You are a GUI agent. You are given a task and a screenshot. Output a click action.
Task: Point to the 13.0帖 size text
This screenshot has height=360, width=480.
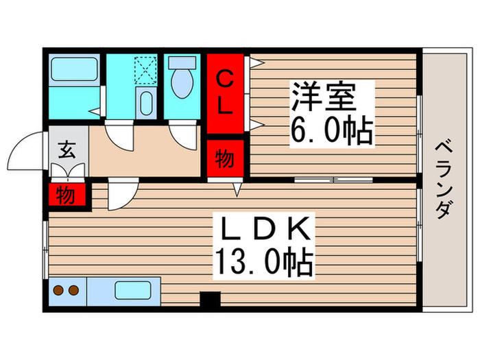click(264, 261)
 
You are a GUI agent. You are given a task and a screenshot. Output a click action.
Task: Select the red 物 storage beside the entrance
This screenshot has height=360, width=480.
click(67, 194)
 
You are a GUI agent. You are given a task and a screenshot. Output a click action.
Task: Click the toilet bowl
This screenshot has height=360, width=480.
click(183, 83)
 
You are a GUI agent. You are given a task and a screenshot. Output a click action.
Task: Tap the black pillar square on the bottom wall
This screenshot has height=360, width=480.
click(210, 300)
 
